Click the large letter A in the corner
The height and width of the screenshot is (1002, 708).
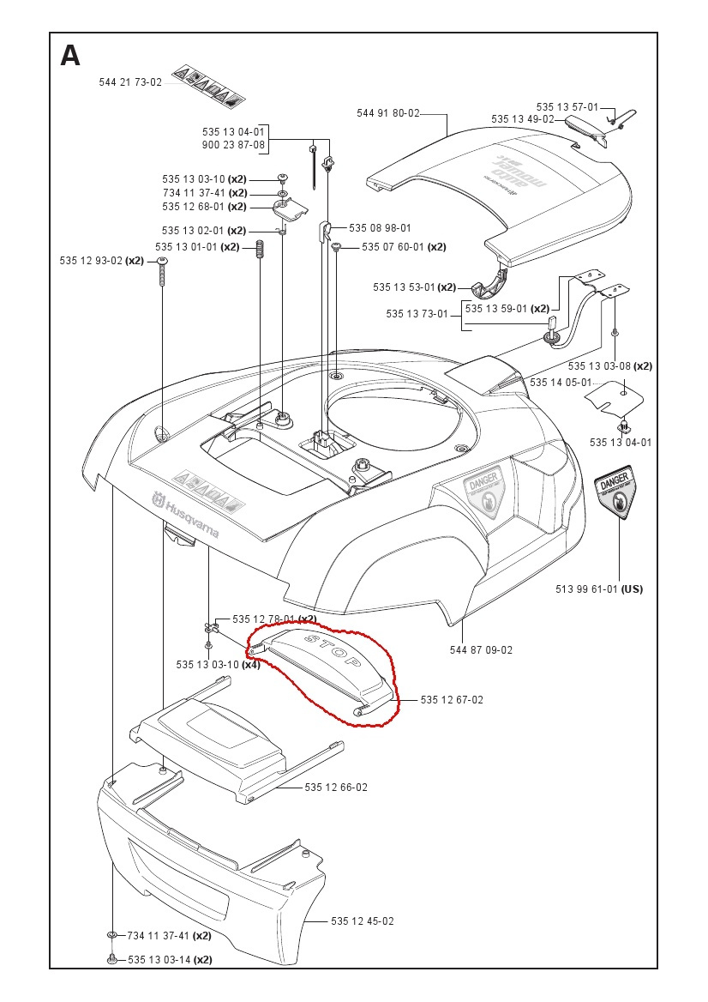point(70,56)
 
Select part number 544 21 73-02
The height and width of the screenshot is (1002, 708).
point(130,82)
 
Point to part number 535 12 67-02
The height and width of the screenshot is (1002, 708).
point(452,700)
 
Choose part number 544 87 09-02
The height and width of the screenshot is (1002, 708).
point(481,649)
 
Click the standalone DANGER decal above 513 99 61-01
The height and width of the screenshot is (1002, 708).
point(617,496)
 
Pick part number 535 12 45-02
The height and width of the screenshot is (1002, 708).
point(363,921)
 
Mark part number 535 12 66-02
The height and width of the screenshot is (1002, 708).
point(336,788)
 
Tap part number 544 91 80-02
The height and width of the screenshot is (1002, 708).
point(388,113)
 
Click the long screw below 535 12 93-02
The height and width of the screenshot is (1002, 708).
point(162,274)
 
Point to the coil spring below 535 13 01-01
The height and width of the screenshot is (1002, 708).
point(260,256)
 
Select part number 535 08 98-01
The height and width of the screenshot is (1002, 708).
point(380,228)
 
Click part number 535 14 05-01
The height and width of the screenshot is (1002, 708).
point(561,382)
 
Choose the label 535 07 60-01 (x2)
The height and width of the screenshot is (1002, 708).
point(404,247)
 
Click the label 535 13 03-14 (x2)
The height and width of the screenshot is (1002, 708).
point(170,960)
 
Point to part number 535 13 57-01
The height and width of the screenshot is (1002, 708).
point(567,106)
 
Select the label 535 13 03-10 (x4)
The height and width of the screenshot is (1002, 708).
point(218,664)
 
